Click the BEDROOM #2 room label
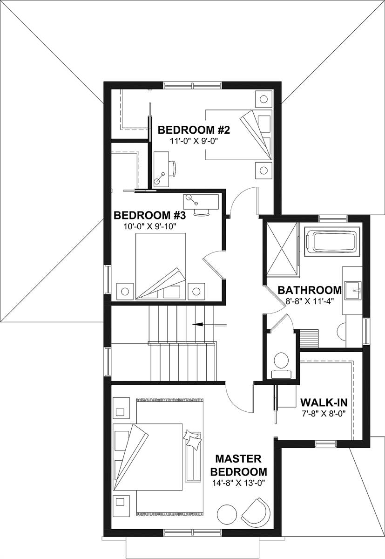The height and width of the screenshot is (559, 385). click(195, 129)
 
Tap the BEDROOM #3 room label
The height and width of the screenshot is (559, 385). click(150, 215)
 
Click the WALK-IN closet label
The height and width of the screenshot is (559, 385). click(324, 402)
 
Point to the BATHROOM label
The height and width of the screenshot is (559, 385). click(310, 290)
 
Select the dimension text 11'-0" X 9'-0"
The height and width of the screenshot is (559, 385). click(195, 139)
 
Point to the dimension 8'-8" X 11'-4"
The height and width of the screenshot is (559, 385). click(310, 301)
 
